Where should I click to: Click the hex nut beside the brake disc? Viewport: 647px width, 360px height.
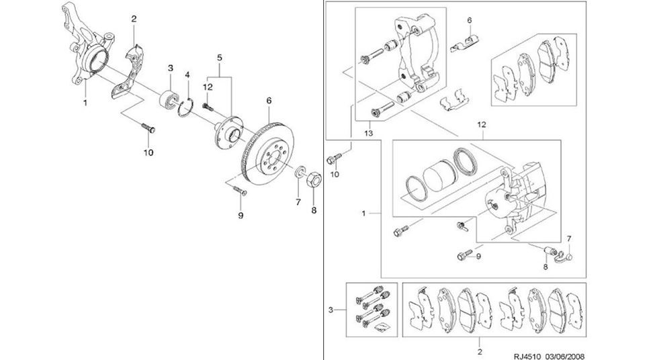click(314, 179)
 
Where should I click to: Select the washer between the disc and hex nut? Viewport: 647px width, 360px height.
click(300, 171)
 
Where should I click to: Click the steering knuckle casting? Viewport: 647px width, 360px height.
click(88, 46)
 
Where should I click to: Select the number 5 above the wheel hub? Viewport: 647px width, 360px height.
click(220, 58)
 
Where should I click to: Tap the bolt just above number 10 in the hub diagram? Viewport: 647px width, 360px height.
click(148, 128)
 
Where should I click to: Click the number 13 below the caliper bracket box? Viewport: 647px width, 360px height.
click(368, 133)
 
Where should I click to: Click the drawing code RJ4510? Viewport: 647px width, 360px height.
click(528, 356)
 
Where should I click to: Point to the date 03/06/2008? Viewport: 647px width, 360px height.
click(565, 356)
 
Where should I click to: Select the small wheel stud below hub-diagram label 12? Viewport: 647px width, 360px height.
click(208, 107)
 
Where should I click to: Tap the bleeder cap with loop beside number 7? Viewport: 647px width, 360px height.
click(565, 257)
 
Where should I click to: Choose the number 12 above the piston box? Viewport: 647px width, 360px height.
click(482, 124)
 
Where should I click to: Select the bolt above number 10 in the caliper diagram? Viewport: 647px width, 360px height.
click(334, 159)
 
